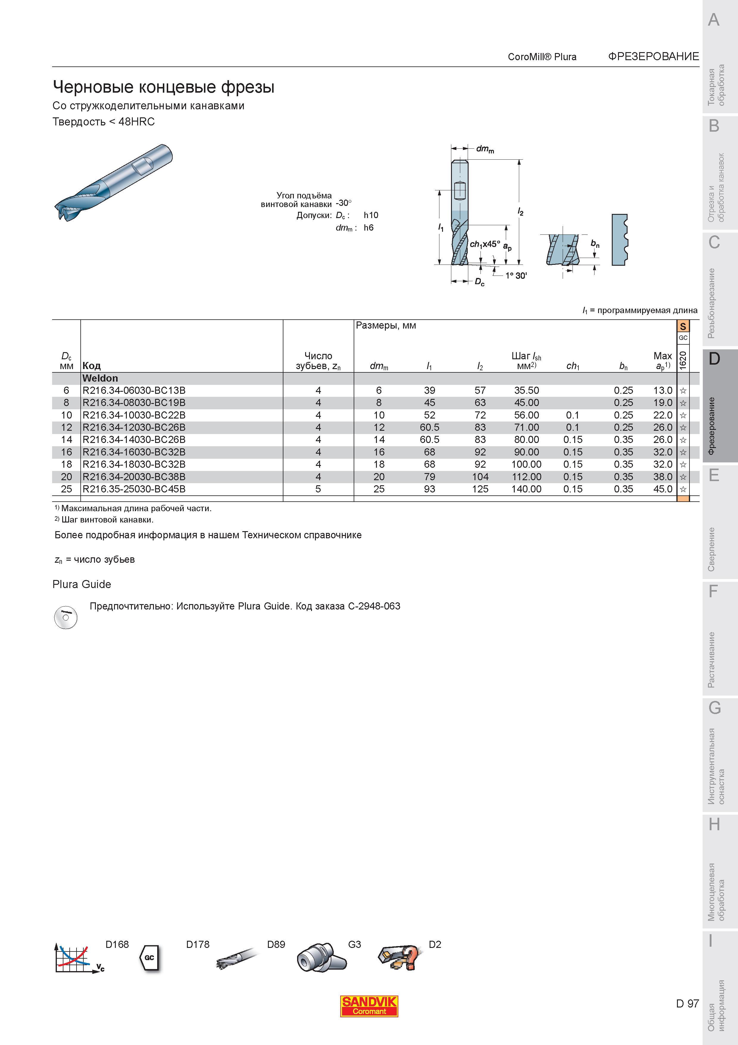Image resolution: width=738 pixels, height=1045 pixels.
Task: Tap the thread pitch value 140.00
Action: tap(526, 489)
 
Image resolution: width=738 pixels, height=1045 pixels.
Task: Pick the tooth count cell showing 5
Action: tap(318, 489)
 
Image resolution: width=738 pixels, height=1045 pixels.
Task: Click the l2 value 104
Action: tap(480, 477)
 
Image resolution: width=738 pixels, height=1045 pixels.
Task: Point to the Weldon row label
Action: tap(100, 378)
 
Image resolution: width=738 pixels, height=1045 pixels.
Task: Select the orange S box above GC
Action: tap(683, 326)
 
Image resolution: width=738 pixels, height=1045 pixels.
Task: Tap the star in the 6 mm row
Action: tap(683, 391)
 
